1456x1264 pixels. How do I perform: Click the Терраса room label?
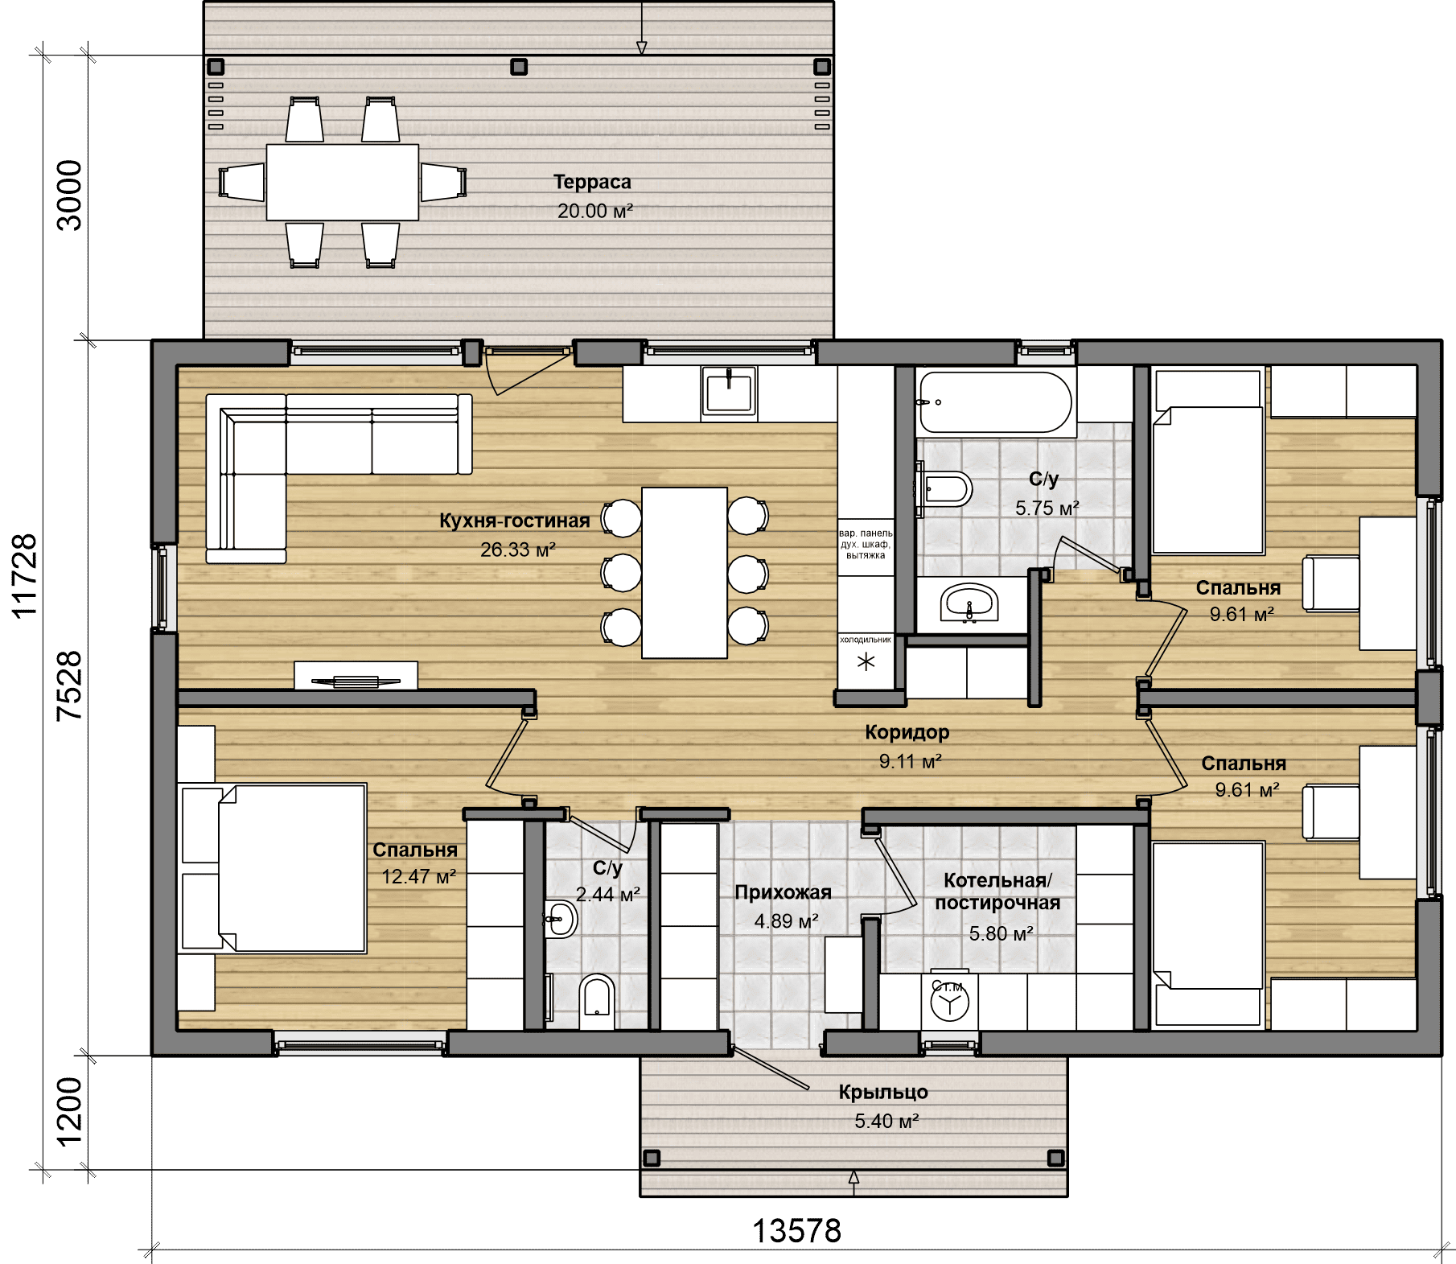click(x=592, y=183)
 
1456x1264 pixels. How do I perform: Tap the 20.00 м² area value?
click(x=594, y=211)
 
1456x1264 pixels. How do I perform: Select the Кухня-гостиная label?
click(x=515, y=521)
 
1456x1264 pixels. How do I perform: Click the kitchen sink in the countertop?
click(x=729, y=391)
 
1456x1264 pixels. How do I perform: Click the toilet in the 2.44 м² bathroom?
click(x=596, y=1002)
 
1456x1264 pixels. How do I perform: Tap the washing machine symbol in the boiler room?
click(x=950, y=1001)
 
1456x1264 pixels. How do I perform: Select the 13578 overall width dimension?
click(x=796, y=1230)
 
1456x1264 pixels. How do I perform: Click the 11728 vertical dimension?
click(x=25, y=576)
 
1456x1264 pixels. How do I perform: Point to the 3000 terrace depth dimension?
click(x=70, y=196)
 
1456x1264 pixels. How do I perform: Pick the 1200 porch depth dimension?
click(x=70, y=1111)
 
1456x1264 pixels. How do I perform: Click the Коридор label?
click(x=907, y=732)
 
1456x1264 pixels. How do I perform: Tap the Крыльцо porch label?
click(x=883, y=1093)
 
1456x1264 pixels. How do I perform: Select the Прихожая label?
click(x=783, y=892)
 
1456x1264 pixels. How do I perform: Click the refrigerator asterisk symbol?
click(x=866, y=663)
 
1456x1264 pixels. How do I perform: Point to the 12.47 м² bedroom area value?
click(x=418, y=877)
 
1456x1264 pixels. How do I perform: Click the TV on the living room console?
click(x=356, y=681)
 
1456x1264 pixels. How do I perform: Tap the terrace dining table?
click(x=343, y=182)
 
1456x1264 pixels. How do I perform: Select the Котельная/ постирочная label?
click(x=997, y=891)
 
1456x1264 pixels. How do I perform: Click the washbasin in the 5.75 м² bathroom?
click(x=969, y=603)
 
